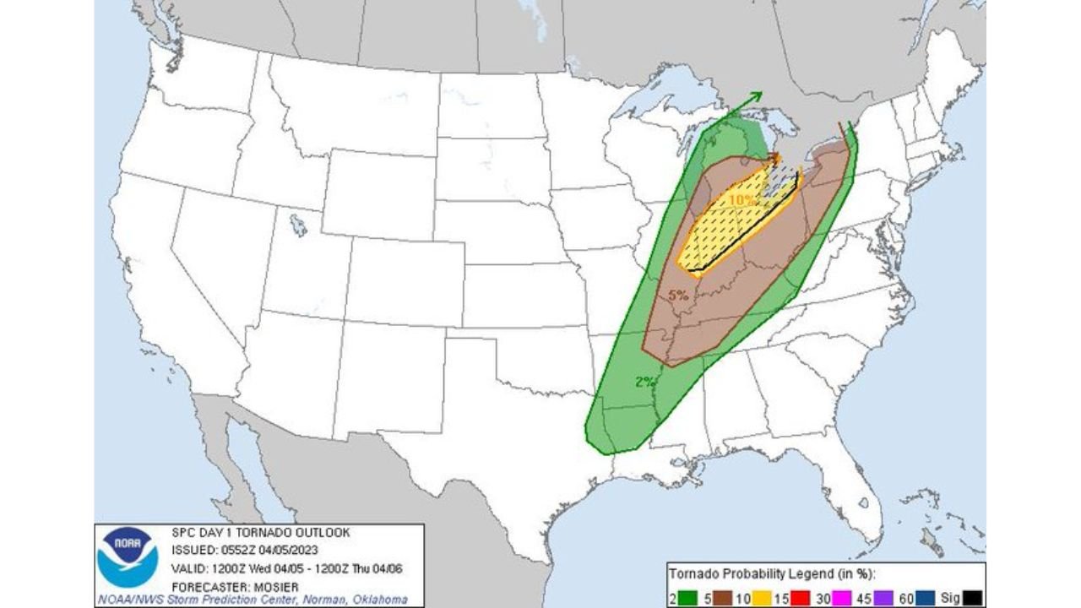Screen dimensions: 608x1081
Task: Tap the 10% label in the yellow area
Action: click(741, 200)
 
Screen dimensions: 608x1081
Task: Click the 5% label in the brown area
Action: click(677, 296)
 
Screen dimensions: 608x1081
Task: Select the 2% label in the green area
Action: click(644, 382)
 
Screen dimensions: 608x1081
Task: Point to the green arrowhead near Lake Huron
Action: click(755, 96)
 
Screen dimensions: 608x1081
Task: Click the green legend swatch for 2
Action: click(687, 598)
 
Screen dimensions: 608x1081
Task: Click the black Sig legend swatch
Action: click(973, 598)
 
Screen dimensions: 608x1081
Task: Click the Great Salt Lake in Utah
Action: click(297, 225)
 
